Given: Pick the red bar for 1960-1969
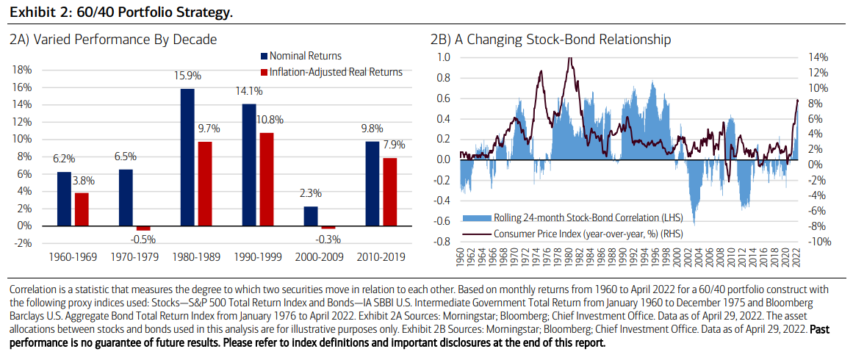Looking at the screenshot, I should [82, 209].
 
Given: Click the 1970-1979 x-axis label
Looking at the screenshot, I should [133, 258].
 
